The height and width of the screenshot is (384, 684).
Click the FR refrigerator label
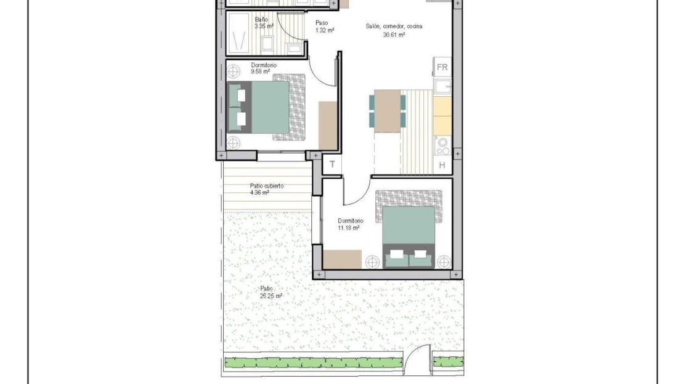click(442, 67)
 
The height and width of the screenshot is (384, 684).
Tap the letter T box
click(332, 165)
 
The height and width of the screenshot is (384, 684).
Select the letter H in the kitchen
click(442, 165)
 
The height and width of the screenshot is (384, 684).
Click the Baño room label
click(261, 20)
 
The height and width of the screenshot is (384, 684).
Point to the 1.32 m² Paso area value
click(325, 31)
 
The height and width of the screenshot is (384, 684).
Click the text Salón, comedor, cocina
click(394, 26)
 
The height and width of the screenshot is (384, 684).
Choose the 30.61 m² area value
click(394, 35)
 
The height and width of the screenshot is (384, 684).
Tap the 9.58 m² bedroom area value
click(261, 71)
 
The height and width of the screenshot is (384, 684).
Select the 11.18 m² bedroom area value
click(349, 228)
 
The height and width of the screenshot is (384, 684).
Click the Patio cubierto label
click(267, 186)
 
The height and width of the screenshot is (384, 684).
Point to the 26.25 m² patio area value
click(271, 296)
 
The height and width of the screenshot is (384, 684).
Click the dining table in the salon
click(388, 111)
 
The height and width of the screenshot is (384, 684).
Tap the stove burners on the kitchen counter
click(443, 146)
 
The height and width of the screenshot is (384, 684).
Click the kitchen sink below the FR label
click(443, 86)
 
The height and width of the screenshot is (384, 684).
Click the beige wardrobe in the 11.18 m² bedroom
click(343, 259)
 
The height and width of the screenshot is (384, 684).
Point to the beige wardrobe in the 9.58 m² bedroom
click(328, 126)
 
